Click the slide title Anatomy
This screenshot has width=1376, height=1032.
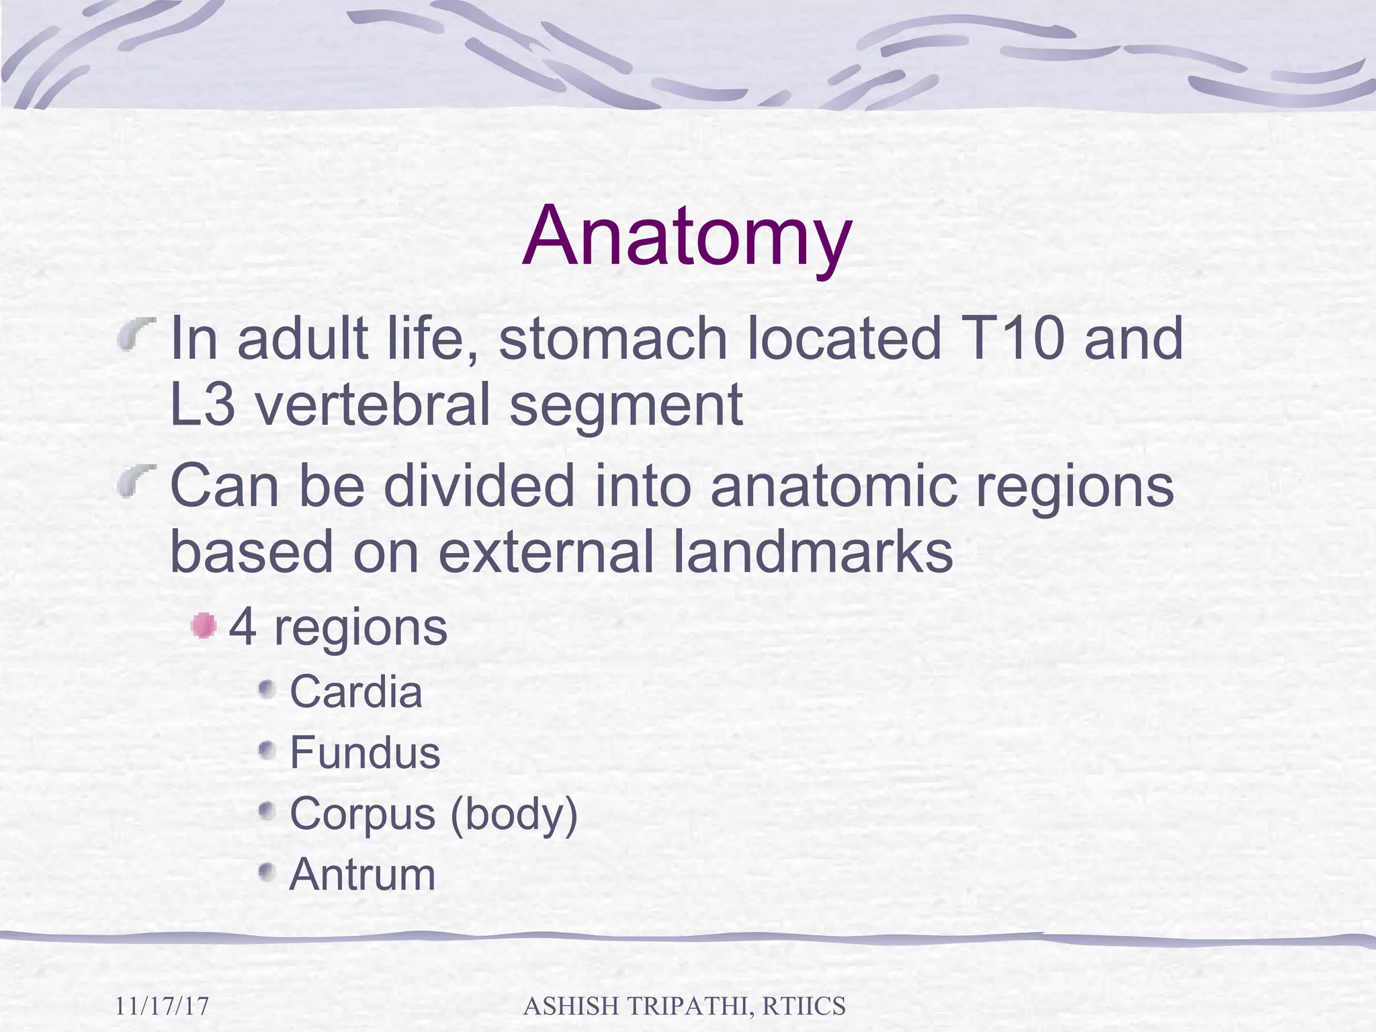(687, 236)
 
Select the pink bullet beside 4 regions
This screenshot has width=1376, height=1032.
(203, 626)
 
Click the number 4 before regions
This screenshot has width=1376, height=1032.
(243, 628)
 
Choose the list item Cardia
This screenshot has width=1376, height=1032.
(355, 691)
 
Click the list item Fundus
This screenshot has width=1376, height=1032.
(365, 752)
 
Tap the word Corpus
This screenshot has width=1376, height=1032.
(362, 814)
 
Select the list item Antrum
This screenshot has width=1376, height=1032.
(362, 875)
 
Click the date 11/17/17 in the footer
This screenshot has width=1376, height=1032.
(162, 1006)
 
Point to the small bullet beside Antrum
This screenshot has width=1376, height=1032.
(267, 872)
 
